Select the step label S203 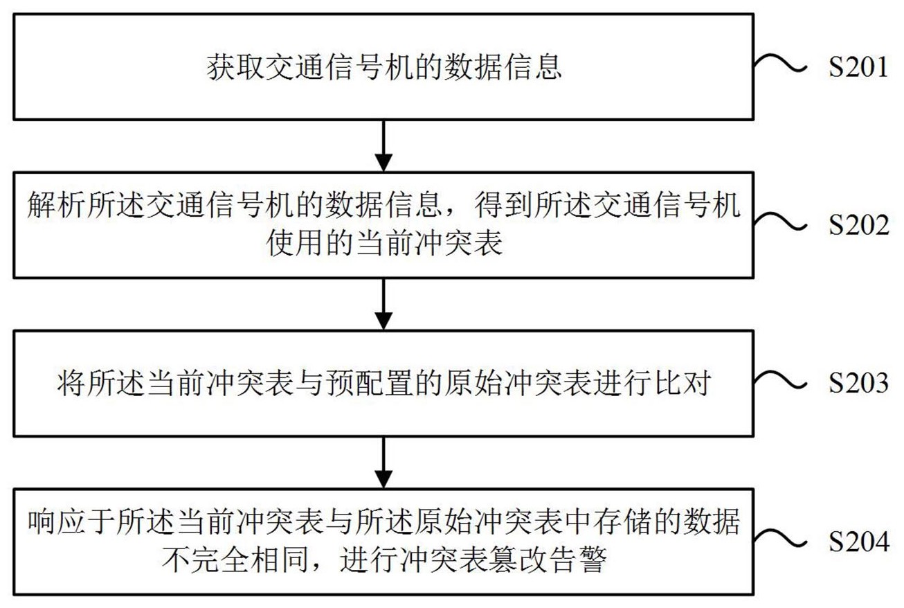858,383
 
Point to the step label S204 858,543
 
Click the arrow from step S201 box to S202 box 383,146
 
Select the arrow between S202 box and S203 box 383,304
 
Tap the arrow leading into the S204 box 383,462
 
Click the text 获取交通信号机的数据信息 383,68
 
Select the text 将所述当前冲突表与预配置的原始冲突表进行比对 383,383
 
